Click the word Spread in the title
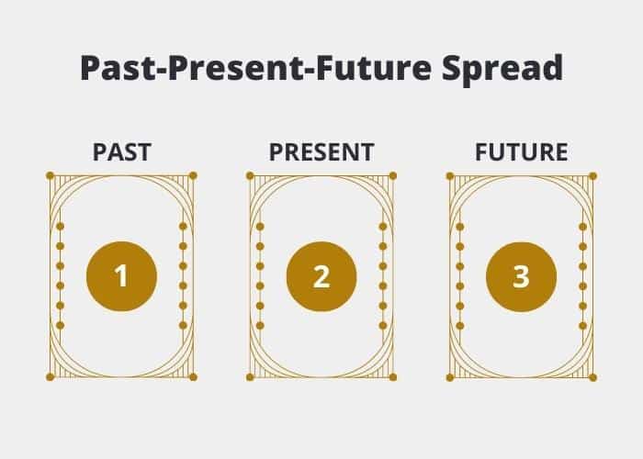tap(502, 69)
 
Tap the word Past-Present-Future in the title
tap(256, 68)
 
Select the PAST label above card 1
tap(122, 152)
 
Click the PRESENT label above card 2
tap(321, 152)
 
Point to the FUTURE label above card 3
tap(521, 152)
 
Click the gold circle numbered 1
tap(122, 276)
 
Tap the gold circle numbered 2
tap(321, 276)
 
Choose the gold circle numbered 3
tap(521, 276)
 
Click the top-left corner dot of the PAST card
tap(50, 176)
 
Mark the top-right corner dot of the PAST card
tap(193, 176)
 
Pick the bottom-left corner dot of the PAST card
tap(50, 377)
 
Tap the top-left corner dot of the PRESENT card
tap(250, 176)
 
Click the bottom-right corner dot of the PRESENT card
tap(393, 377)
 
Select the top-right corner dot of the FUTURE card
tap(592, 176)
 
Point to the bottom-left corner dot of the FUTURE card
tap(450, 377)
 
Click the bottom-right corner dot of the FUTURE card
tap(592, 377)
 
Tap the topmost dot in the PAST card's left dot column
tap(61, 226)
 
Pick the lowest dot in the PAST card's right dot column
tap(184, 325)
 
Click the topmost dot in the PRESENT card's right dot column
tap(383, 226)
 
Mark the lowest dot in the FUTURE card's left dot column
tap(459, 326)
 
